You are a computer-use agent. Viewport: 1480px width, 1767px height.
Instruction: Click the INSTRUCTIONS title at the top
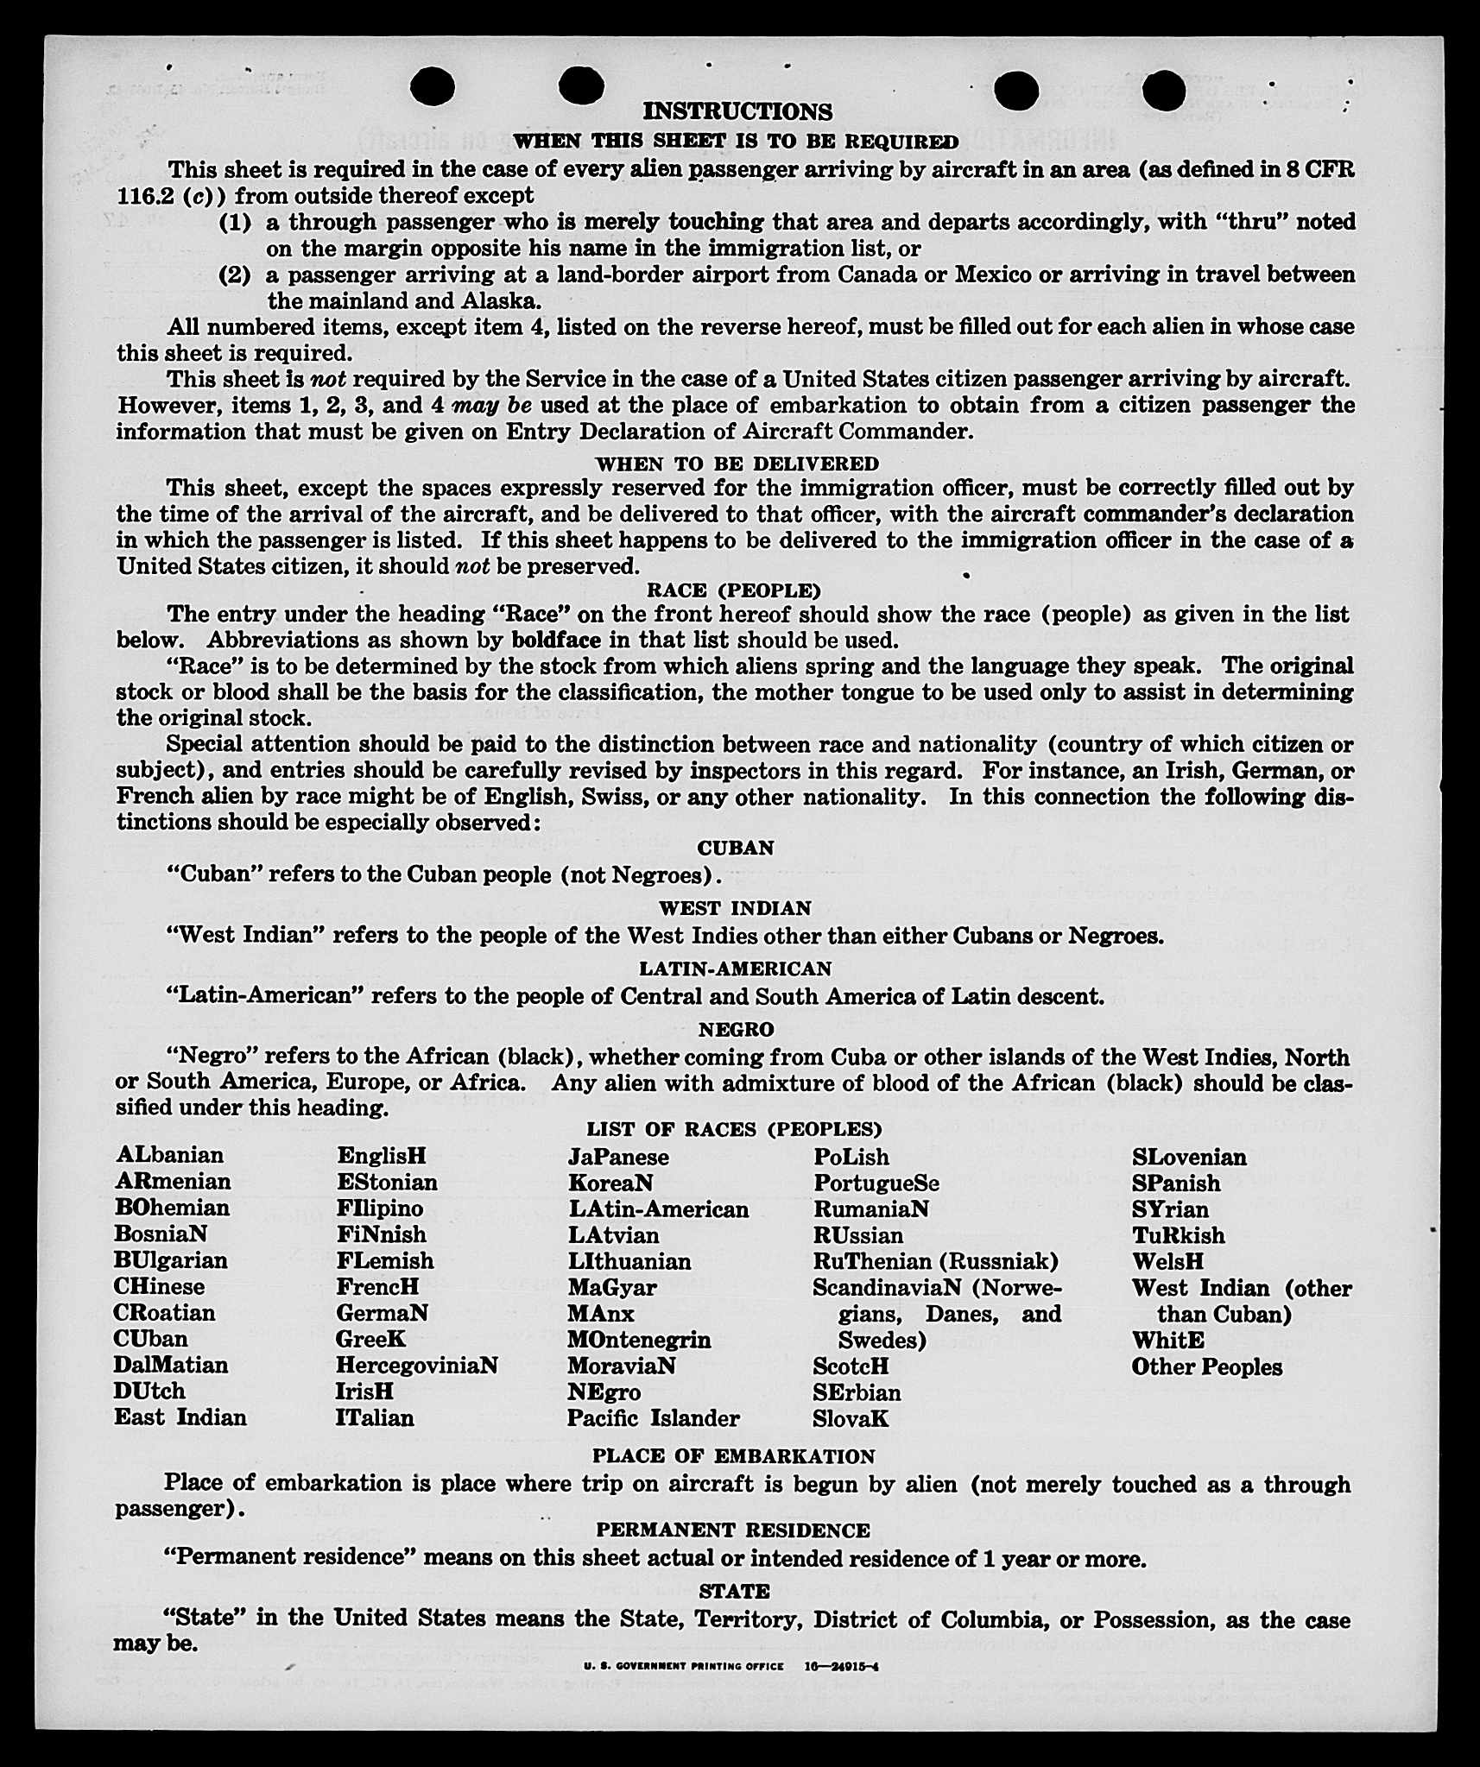[737, 111]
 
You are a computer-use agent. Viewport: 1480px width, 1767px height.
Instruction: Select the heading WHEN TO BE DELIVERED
[737, 464]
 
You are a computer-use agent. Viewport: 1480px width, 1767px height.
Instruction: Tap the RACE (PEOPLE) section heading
[734, 590]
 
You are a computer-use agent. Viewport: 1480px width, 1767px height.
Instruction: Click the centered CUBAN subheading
[736, 848]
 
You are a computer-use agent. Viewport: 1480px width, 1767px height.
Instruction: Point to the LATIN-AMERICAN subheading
[735, 969]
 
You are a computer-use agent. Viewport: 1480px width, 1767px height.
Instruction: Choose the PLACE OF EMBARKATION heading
[733, 1455]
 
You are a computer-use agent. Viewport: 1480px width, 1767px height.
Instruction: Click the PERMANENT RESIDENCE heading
[733, 1530]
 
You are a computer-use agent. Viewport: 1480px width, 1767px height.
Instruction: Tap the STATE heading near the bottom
[734, 1590]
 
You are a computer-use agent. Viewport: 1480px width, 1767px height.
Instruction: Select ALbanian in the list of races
[169, 1155]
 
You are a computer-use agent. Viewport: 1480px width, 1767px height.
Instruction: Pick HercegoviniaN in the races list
[417, 1365]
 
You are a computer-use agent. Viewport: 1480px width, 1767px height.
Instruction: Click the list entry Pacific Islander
[653, 1417]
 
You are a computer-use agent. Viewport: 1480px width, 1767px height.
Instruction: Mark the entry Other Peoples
[1206, 1366]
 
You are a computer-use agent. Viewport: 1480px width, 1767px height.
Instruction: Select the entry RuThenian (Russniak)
[935, 1261]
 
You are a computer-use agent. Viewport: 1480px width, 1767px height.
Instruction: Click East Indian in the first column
[180, 1417]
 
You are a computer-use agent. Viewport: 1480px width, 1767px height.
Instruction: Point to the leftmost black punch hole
[433, 87]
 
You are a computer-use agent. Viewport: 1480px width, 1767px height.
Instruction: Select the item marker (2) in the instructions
[234, 275]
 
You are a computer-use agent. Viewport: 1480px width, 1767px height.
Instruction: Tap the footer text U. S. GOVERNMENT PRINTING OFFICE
[684, 1666]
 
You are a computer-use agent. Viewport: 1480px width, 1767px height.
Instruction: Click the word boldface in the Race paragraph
[556, 640]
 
